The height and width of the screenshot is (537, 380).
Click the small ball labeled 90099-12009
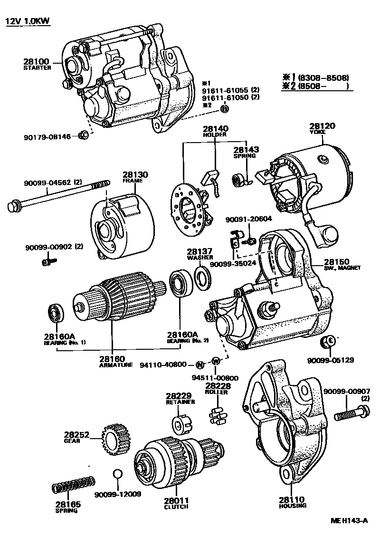pos(118,475)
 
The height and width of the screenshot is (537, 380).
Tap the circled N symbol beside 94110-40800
pos(200,365)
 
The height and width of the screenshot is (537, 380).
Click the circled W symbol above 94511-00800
pos(215,361)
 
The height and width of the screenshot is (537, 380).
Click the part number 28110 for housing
pos(292,500)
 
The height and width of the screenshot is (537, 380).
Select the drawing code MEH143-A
pos(349,520)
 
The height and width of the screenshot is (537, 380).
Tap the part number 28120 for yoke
pos(322,126)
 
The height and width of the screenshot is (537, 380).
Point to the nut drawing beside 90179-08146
pos(82,135)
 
